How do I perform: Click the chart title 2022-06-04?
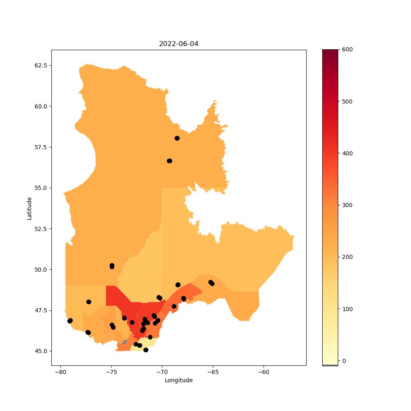click(x=178, y=44)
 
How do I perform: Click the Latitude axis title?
click(x=29, y=208)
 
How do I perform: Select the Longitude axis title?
click(x=178, y=380)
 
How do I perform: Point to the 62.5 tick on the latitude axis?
click(x=41, y=65)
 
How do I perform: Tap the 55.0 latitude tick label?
click(x=41, y=188)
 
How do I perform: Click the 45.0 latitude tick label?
click(x=41, y=351)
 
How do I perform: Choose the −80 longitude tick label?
click(x=60, y=372)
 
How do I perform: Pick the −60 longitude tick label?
click(x=263, y=372)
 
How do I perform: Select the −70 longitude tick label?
click(x=162, y=372)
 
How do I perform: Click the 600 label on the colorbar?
click(x=347, y=50)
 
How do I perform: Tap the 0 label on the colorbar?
click(x=344, y=361)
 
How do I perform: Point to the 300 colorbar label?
click(x=347, y=205)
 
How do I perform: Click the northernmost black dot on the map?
click(x=177, y=138)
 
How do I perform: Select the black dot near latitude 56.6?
click(x=170, y=161)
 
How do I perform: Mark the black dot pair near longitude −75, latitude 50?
click(x=112, y=266)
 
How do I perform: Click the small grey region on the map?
click(x=124, y=342)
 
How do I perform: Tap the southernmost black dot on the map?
click(x=146, y=350)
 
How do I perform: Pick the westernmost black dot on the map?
click(x=70, y=321)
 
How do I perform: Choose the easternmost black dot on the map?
click(x=212, y=283)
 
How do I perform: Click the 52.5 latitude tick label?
click(x=41, y=229)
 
